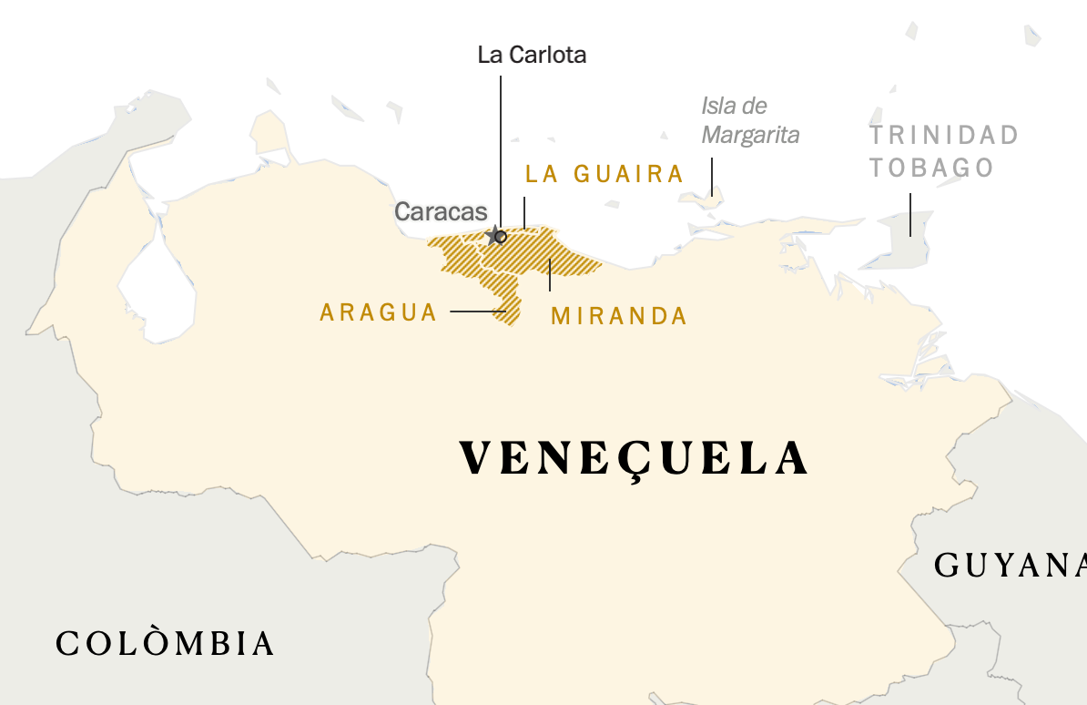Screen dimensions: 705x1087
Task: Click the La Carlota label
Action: (532, 55)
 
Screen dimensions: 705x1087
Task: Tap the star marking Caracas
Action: (493, 235)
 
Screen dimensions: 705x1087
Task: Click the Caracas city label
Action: (441, 211)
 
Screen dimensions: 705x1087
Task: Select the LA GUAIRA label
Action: (604, 174)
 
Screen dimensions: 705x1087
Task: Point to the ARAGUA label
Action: (379, 312)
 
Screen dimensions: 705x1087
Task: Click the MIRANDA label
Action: (619, 316)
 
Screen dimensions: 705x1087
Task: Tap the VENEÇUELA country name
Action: (634, 458)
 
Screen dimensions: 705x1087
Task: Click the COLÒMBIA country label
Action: (165, 643)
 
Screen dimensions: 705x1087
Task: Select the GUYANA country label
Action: (1011, 565)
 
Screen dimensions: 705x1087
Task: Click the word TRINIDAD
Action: (943, 136)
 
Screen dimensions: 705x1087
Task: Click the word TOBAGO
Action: (931, 168)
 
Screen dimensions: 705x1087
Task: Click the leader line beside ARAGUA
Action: (477, 312)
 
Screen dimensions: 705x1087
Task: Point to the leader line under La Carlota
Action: (500, 146)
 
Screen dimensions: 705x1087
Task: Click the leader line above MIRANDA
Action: (550, 274)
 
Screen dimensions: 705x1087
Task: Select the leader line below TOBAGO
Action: (910, 214)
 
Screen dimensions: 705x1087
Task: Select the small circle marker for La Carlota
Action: (501, 236)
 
